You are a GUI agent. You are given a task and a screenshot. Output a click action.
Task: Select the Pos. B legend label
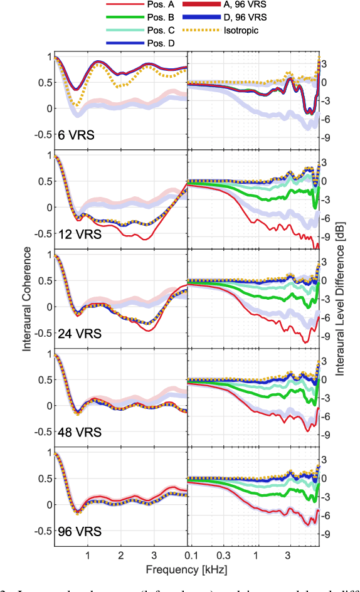click(159, 18)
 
